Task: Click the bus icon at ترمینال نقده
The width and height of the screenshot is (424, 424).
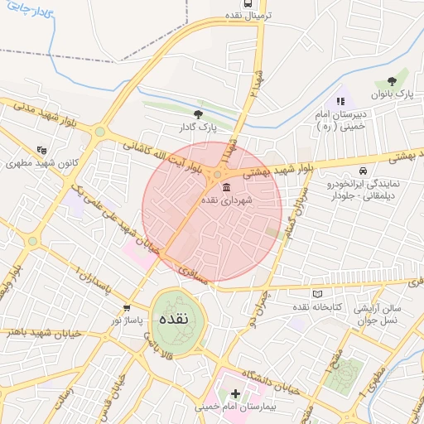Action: [236, 3]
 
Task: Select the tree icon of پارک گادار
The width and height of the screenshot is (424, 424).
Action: [198, 114]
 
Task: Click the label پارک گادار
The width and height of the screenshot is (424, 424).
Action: [197, 128]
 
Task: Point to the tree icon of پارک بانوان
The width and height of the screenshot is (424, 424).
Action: [392, 81]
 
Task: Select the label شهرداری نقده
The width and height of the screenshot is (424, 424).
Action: [230, 201]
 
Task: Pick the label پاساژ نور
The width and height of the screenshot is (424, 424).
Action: [128, 320]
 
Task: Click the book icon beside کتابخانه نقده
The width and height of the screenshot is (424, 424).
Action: [317, 293]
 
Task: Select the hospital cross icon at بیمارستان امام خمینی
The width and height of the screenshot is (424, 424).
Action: [236, 393]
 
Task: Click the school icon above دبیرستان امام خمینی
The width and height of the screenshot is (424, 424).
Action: [340, 101]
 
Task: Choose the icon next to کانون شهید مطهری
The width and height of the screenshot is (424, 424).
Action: [41, 151]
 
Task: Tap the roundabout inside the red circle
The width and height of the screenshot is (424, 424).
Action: [217, 175]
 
